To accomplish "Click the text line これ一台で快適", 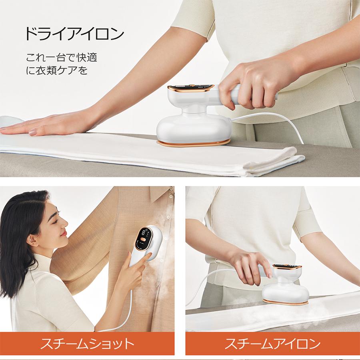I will (62, 57).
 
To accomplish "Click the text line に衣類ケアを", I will (56, 71).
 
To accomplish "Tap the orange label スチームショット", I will (87, 344).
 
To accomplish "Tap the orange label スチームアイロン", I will (273, 344).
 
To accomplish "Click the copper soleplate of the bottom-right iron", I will (284, 302).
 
